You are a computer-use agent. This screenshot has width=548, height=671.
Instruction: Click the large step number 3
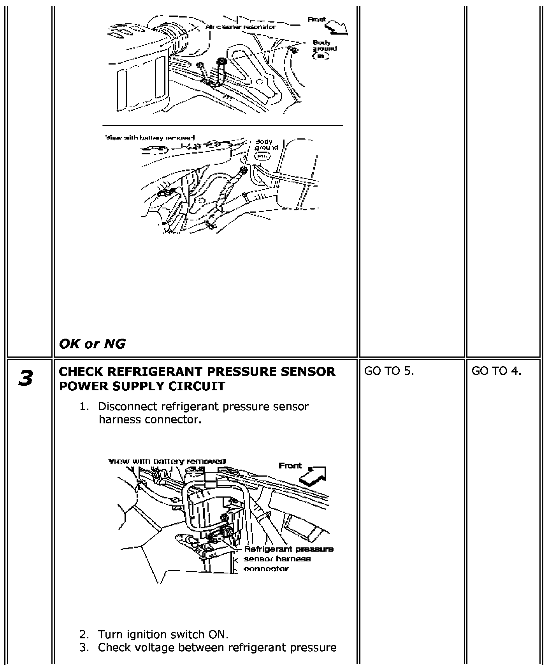[x=26, y=378]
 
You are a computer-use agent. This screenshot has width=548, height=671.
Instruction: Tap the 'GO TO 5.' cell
[x=389, y=371]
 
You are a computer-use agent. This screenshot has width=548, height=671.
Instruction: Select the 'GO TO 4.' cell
[x=496, y=371]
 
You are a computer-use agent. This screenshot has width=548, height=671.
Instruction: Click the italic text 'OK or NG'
[x=92, y=344]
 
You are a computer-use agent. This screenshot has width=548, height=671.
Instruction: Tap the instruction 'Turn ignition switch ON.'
[x=163, y=634]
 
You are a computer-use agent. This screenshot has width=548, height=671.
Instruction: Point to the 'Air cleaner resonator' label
[x=240, y=27]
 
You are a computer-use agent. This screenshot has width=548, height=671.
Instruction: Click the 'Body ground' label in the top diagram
[x=324, y=46]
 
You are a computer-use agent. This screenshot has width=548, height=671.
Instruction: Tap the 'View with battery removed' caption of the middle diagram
[x=150, y=138]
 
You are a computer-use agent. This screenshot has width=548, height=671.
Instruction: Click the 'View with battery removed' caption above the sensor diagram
[x=167, y=461]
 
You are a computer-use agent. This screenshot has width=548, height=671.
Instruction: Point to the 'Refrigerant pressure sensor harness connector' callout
[x=288, y=559]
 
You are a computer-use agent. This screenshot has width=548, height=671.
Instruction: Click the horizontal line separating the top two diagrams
[x=223, y=126]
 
